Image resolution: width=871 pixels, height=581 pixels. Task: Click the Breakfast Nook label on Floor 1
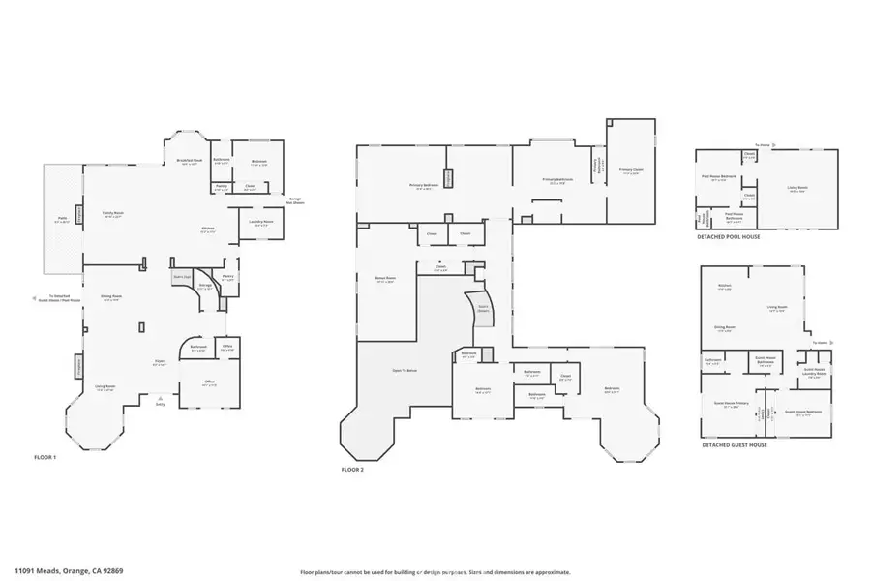(x=189, y=161)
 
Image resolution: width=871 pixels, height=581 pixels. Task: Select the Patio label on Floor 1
(x=62, y=220)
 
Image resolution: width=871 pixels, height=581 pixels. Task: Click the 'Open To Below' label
(x=405, y=370)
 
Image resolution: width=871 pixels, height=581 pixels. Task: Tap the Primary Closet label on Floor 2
(x=631, y=170)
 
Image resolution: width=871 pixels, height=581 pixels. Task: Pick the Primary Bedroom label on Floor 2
(x=424, y=185)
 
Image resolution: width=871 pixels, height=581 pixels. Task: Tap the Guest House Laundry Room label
(x=814, y=371)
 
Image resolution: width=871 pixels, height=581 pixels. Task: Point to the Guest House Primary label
(x=732, y=406)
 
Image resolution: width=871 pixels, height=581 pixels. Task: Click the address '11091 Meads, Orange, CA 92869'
(x=68, y=571)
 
